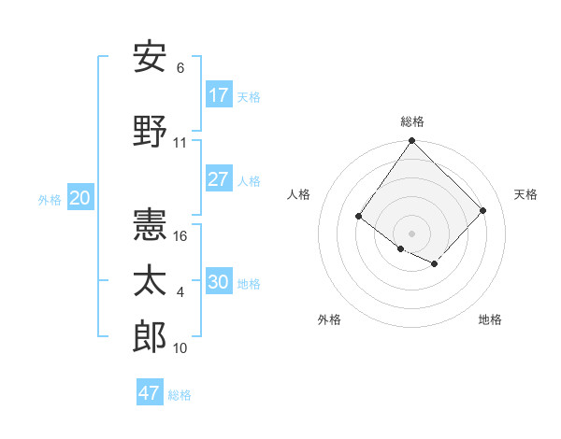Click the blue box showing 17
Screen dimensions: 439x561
(219, 95)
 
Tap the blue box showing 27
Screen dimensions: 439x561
(219, 179)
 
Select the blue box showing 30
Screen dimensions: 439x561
(219, 282)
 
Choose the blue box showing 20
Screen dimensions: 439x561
(80, 198)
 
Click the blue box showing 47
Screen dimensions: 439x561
(150, 393)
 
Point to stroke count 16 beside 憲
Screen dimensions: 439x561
(181, 236)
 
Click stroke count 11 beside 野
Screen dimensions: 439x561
(180, 143)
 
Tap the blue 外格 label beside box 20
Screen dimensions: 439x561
(50, 199)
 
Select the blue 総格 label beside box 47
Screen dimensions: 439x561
(180, 395)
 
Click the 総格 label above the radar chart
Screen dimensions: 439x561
(411, 121)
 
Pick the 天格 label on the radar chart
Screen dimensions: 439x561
(525, 194)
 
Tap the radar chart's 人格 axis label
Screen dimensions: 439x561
(298, 194)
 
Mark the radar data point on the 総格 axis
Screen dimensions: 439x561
(411, 141)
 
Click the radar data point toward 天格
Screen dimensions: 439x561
(482, 210)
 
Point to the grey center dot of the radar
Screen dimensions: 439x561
(411, 233)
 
